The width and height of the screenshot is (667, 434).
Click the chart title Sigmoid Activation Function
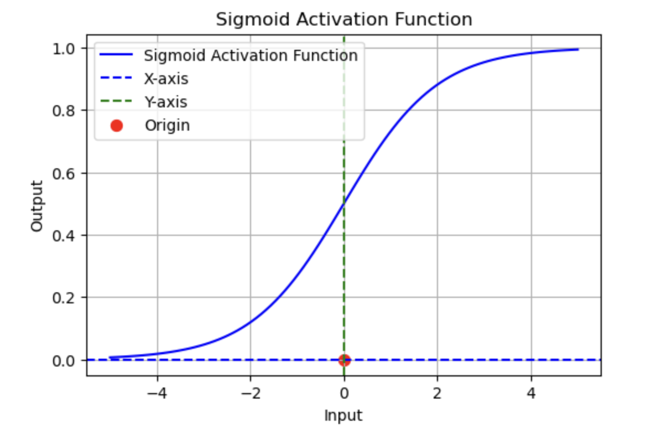[x=343, y=20]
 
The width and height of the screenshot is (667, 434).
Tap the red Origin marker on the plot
[x=344, y=360]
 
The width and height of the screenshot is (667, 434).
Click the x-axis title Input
[x=343, y=415]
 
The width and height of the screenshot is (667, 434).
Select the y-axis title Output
[x=37, y=206]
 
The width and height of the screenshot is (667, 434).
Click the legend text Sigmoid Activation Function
[x=251, y=56]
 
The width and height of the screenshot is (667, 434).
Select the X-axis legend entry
[x=166, y=79]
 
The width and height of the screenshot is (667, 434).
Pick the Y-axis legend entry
[x=165, y=102]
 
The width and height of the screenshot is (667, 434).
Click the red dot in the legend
[x=116, y=126]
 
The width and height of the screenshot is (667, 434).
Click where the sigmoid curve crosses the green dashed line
[x=344, y=204]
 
